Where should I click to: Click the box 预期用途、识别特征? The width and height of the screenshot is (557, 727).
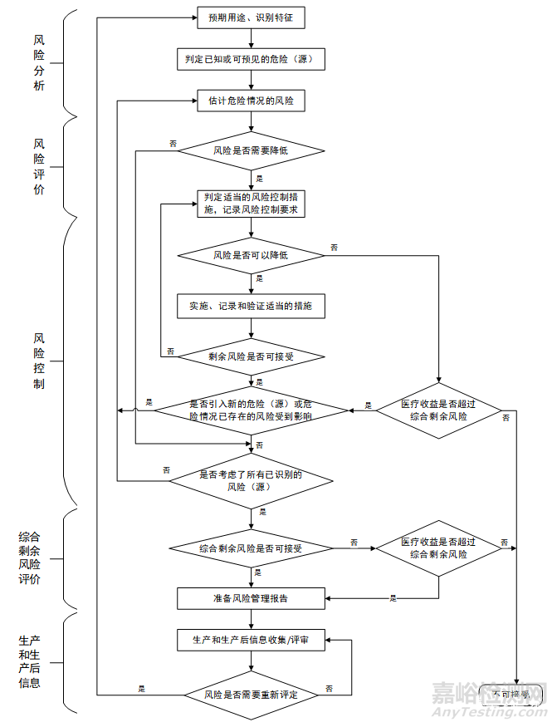[x=251, y=16]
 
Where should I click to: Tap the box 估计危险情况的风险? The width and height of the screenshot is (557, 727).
[x=251, y=101]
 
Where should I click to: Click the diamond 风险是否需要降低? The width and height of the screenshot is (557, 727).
[x=251, y=151]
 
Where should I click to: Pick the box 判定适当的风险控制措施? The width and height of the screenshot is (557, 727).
[x=251, y=204]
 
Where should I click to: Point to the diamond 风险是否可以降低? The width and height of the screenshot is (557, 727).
[x=251, y=254]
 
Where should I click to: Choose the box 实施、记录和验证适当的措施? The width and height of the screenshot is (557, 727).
[x=251, y=306]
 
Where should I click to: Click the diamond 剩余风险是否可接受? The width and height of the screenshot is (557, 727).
[x=251, y=357]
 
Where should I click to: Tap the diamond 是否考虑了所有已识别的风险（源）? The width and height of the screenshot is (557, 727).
[x=251, y=481]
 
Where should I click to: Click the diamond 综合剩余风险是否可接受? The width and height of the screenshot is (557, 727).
[x=251, y=548]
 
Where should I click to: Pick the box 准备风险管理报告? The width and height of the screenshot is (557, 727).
[x=251, y=597]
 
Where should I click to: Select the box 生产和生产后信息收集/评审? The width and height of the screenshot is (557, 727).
[x=251, y=641]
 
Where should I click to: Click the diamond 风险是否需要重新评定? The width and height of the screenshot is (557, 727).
[x=251, y=694]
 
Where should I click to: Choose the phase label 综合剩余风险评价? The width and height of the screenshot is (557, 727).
[x=30, y=558]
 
